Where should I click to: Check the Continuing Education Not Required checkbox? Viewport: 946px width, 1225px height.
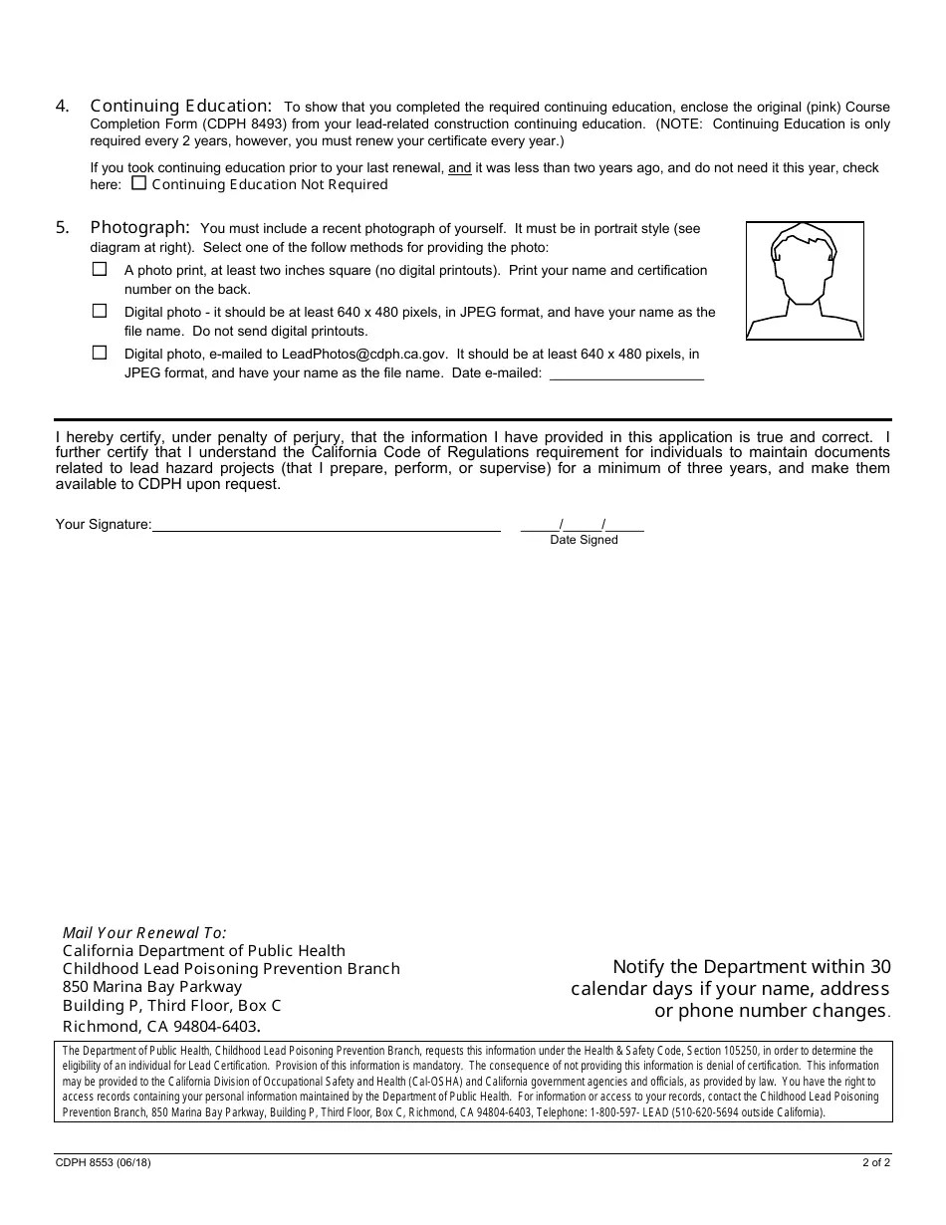pos(138,183)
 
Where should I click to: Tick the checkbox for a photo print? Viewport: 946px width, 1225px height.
pos(100,269)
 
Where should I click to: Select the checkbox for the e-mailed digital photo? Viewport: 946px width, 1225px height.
pos(100,353)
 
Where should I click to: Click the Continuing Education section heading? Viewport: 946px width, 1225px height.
pos(180,106)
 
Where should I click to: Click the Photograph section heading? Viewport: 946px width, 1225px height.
pos(139,227)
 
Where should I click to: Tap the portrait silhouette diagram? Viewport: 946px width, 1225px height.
pos(805,281)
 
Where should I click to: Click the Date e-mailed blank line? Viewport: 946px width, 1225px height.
pos(626,373)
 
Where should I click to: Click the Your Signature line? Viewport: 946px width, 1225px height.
pos(326,525)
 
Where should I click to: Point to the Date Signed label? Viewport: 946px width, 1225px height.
pos(584,540)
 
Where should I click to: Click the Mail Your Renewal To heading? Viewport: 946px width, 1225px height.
pos(144,933)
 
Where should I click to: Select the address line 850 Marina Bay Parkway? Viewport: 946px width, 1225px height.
pos(152,987)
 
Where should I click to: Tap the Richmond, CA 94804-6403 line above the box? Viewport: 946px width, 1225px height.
pos(160,1026)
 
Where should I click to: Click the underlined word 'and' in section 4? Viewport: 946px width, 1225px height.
pos(459,168)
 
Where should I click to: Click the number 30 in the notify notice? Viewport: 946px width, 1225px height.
pos(879,966)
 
